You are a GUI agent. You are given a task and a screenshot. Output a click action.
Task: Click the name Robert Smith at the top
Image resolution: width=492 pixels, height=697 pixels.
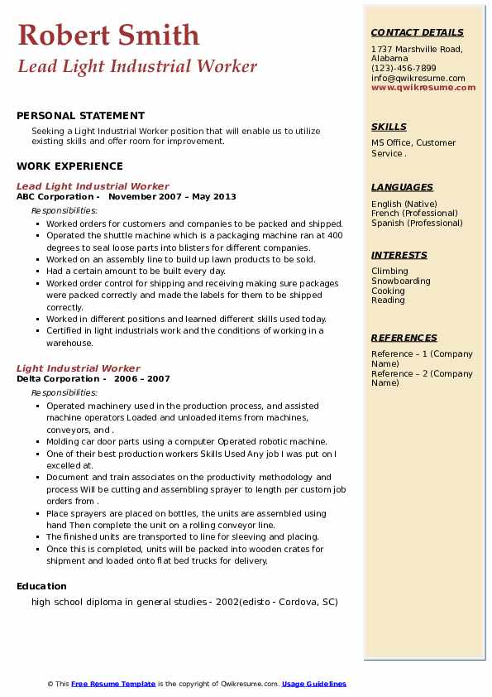(x=108, y=35)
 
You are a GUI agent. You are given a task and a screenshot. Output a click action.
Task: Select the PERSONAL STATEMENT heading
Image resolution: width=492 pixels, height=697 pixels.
(x=80, y=116)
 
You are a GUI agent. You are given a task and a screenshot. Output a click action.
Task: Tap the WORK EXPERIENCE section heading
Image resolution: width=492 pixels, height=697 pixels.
(x=69, y=166)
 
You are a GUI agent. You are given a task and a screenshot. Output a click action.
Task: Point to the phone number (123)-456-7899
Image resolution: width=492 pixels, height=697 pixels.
(x=404, y=69)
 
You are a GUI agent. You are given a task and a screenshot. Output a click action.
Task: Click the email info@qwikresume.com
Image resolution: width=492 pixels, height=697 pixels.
(x=418, y=78)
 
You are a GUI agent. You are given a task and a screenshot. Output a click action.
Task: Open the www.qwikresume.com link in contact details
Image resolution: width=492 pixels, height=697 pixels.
(x=423, y=87)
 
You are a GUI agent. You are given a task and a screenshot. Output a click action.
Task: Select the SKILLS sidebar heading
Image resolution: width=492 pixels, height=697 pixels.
(x=389, y=127)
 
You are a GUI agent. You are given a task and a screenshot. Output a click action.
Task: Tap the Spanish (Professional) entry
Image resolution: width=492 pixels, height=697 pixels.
(x=417, y=223)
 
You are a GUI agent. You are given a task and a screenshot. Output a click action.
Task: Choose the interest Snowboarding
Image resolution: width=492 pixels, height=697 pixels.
(x=401, y=281)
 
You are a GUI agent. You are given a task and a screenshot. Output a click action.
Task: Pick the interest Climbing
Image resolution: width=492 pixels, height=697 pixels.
(x=389, y=271)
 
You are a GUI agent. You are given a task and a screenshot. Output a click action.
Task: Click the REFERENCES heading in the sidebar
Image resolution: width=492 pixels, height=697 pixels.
(x=404, y=338)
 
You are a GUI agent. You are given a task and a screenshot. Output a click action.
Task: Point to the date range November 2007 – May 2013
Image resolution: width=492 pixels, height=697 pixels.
(x=172, y=197)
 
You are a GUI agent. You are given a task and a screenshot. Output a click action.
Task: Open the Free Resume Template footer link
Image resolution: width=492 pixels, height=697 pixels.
(x=113, y=684)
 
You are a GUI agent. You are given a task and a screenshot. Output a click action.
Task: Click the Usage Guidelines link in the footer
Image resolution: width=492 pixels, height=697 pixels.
(x=314, y=684)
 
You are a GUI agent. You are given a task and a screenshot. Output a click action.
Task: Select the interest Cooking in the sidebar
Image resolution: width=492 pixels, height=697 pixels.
(x=388, y=291)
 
